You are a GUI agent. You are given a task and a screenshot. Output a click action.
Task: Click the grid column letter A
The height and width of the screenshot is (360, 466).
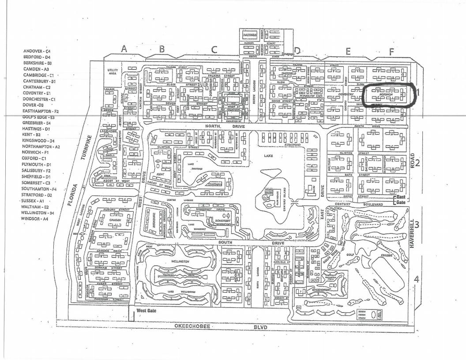pos(124,49)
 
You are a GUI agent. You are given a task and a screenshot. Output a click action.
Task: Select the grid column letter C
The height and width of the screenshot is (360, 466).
pos(214,49)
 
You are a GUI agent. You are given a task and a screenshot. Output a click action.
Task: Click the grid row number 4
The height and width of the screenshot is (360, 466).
pos(417,279)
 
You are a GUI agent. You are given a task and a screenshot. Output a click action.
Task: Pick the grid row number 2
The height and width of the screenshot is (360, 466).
pos(418,162)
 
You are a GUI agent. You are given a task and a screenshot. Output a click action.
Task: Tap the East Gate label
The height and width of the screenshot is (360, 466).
pos(400,199)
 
